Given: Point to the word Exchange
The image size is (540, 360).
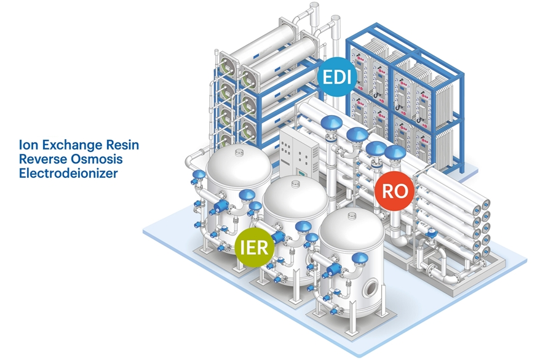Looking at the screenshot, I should pyautogui.click(x=71, y=145).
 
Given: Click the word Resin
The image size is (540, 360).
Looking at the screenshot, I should pyautogui.click(x=123, y=145).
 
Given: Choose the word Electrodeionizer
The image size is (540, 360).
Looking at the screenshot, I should pyautogui.click(x=68, y=174).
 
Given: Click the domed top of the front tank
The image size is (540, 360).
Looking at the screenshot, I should pyautogui.click(x=349, y=228).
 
